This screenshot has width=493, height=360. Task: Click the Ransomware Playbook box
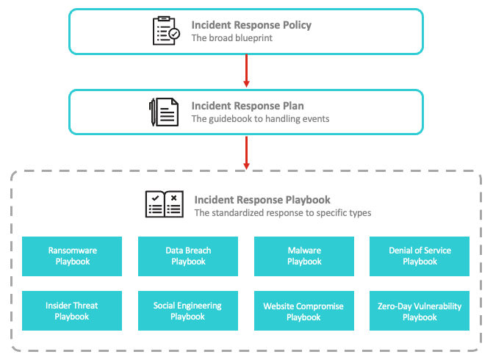72,256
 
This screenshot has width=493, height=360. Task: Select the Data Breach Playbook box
188,256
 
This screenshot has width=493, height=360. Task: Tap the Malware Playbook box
304,256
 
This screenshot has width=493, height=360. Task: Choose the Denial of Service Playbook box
420,256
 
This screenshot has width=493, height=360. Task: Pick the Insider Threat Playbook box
72,311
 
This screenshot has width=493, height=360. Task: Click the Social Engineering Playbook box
188,311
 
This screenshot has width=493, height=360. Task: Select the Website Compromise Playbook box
304,311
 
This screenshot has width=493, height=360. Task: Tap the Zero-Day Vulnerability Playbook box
420,311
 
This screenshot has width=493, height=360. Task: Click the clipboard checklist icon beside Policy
166,31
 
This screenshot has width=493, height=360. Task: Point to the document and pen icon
164,112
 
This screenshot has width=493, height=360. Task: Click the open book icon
165,204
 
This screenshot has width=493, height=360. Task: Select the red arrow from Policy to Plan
247,71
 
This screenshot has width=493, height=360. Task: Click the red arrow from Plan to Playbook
247,153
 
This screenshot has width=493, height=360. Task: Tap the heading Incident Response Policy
251,25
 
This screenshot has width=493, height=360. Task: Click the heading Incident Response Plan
248,106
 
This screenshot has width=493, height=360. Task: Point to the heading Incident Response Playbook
262,200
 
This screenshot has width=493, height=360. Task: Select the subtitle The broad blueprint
232,38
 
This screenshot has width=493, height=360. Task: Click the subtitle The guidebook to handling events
260,119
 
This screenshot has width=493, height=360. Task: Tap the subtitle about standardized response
283,213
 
